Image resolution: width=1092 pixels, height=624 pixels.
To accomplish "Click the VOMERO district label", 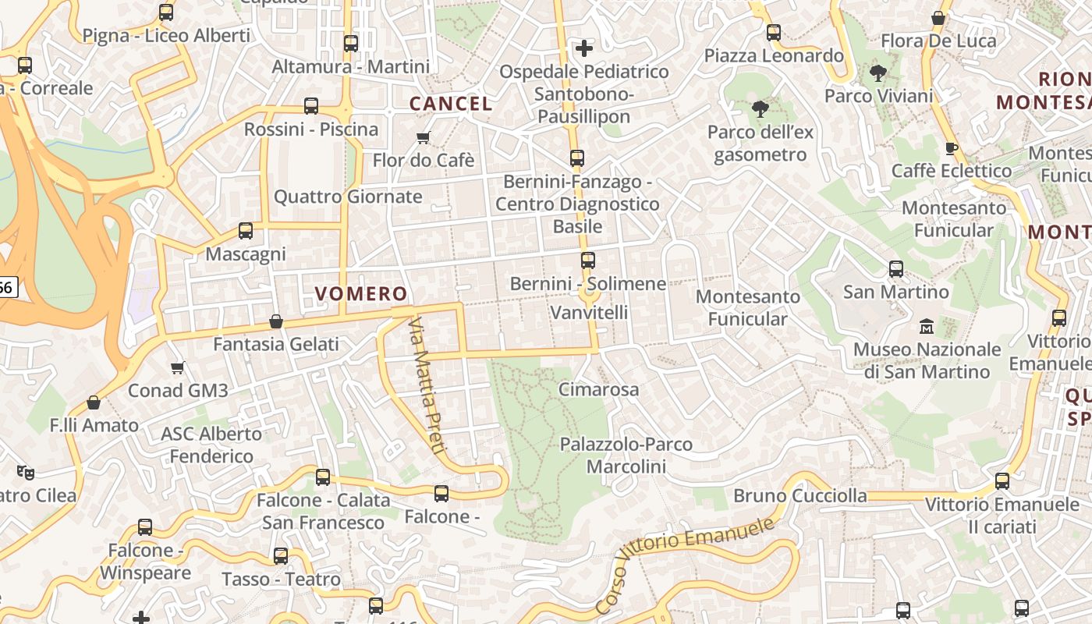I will pyautogui.click(x=360, y=294).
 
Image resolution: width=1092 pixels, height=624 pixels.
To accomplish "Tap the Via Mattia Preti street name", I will pyautogui.click(x=427, y=385).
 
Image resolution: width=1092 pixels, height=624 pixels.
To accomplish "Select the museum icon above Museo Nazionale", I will pyautogui.click(x=927, y=325).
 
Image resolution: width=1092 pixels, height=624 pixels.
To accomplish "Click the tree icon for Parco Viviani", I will pyautogui.click(x=878, y=74).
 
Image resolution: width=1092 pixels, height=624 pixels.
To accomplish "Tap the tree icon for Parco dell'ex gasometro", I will pyautogui.click(x=760, y=108).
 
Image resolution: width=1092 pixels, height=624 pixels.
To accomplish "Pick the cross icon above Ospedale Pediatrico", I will pyautogui.click(x=584, y=48).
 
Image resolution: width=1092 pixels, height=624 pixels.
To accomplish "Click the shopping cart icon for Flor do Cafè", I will pyautogui.click(x=424, y=138).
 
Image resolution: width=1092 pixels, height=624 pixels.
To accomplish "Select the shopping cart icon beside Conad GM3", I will pyautogui.click(x=178, y=367).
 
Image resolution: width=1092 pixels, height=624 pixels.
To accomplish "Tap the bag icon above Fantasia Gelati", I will pyautogui.click(x=276, y=321).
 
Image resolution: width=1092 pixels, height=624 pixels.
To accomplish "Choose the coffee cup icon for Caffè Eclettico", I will pyautogui.click(x=951, y=148).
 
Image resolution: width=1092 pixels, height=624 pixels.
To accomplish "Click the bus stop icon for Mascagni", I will pyautogui.click(x=246, y=231).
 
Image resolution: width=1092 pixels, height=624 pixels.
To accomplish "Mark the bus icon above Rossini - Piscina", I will pyautogui.click(x=311, y=106).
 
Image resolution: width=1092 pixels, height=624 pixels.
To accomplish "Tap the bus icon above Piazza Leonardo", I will pyautogui.click(x=774, y=33).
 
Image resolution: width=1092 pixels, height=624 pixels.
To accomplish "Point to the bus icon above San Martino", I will pyautogui.click(x=896, y=269).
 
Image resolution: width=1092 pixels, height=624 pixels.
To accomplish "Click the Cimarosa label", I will pyautogui.click(x=598, y=389).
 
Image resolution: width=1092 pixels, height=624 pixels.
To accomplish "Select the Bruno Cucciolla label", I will pyautogui.click(x=799, y=495).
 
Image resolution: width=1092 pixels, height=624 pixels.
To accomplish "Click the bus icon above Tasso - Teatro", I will pyautogui.click(x=281, y=556).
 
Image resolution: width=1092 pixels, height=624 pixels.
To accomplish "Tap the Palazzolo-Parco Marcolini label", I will pyautogui.click(x=626, y=456).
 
